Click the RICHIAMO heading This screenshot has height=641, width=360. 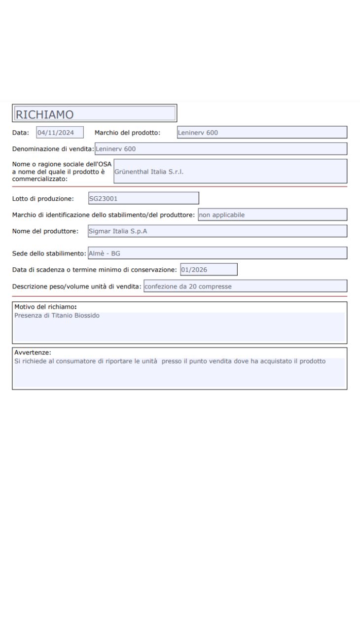45,114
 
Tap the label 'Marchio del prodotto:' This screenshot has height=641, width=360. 128,132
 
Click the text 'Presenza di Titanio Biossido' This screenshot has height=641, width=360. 57,316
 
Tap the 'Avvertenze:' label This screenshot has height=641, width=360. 33,353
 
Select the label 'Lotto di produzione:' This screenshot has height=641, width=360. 43,199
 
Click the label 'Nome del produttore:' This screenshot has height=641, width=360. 45,231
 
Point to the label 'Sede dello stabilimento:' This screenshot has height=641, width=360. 49,253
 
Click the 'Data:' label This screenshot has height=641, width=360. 21,132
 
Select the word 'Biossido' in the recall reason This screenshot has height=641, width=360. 87,316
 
